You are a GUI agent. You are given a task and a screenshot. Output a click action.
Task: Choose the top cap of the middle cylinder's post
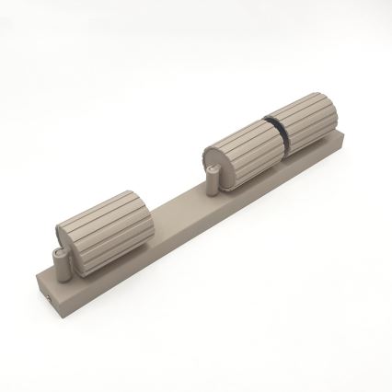point(213,170)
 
